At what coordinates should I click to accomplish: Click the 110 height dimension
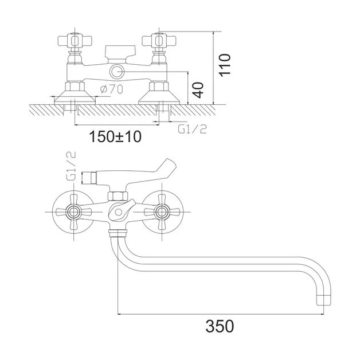(x=225, y=65)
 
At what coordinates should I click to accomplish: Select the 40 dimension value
(x=198, y=90)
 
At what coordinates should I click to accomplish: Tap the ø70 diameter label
(x=112, y=89)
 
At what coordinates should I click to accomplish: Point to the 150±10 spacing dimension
(x=115, y=136)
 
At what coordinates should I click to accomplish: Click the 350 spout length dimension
(x=220, y=326)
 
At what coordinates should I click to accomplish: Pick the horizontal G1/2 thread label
(x=193, y=129)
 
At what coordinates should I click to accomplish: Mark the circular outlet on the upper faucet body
(x=117, y=72)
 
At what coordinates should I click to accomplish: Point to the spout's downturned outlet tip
(x=324, y=299)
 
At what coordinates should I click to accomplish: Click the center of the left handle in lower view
(x=73, y=212)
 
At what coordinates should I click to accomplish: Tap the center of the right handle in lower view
(x=162, y=212)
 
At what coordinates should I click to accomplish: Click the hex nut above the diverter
(x=118, y=196)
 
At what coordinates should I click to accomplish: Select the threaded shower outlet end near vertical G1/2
(x=88, y=178)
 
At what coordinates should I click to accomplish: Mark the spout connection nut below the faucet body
(x=118, y=233)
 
